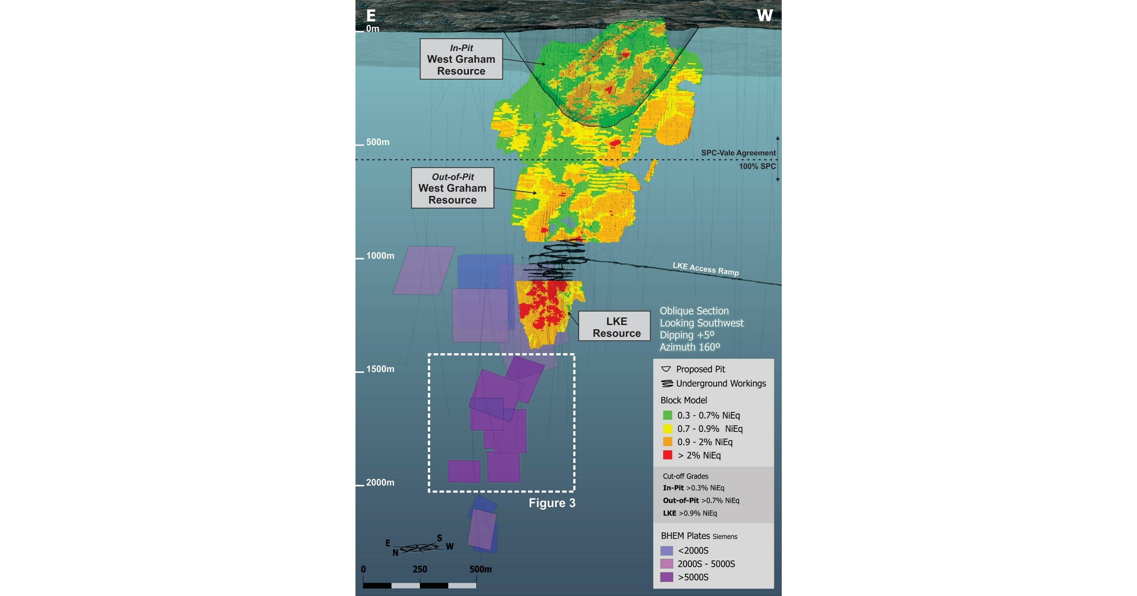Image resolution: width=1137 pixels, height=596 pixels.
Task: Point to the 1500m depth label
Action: click(380, 369)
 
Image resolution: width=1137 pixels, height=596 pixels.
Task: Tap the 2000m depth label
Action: click(380, 482)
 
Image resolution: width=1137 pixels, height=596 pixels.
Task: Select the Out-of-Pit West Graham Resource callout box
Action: click(452, 188)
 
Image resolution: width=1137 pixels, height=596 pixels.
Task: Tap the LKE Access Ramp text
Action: click(705, 269)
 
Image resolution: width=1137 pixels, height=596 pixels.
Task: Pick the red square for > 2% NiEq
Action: click(668, 455)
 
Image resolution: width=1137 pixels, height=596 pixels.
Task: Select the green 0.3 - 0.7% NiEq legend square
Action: click(668, 415)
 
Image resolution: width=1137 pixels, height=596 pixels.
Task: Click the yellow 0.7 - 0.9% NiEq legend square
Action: click(668, 429)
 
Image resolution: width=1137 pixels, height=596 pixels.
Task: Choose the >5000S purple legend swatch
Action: click(667, 577)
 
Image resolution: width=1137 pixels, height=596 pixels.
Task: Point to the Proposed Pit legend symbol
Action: click(666, 369)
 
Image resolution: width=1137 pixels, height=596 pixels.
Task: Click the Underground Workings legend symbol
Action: click(667, 384)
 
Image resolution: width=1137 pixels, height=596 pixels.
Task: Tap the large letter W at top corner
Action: click(765, 16)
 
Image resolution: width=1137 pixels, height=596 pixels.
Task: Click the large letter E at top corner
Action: click(371, 16)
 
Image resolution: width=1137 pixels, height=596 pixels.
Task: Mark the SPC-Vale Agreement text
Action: click(738, 153)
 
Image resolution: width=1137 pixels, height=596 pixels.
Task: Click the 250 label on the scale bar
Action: click(419, 569)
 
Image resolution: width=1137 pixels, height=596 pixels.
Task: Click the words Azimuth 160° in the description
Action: click(690, 347)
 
